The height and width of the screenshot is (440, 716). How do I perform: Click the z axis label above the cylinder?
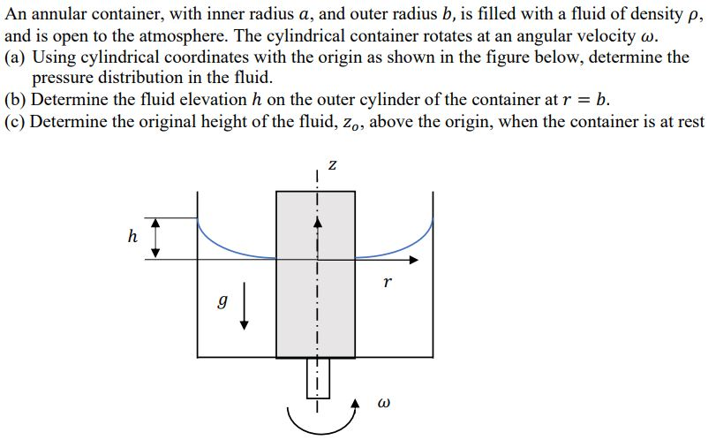(332, 164)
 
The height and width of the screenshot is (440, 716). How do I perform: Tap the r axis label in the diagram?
(387, 283)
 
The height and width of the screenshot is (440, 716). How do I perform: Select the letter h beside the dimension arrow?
(132, 236)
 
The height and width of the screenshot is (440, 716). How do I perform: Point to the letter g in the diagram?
(223, 301)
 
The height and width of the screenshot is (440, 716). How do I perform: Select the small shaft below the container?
(317, 377)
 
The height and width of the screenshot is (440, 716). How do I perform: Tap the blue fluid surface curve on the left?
(231, 245)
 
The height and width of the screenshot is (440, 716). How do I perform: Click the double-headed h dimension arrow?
(155, 237)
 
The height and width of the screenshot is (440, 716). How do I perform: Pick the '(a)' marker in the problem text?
(15, 58)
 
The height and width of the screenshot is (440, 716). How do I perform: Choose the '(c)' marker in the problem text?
(15, 120)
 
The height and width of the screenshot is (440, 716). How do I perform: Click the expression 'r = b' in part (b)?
(581, 99)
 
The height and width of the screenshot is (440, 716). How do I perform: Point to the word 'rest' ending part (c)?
(690, 120)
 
